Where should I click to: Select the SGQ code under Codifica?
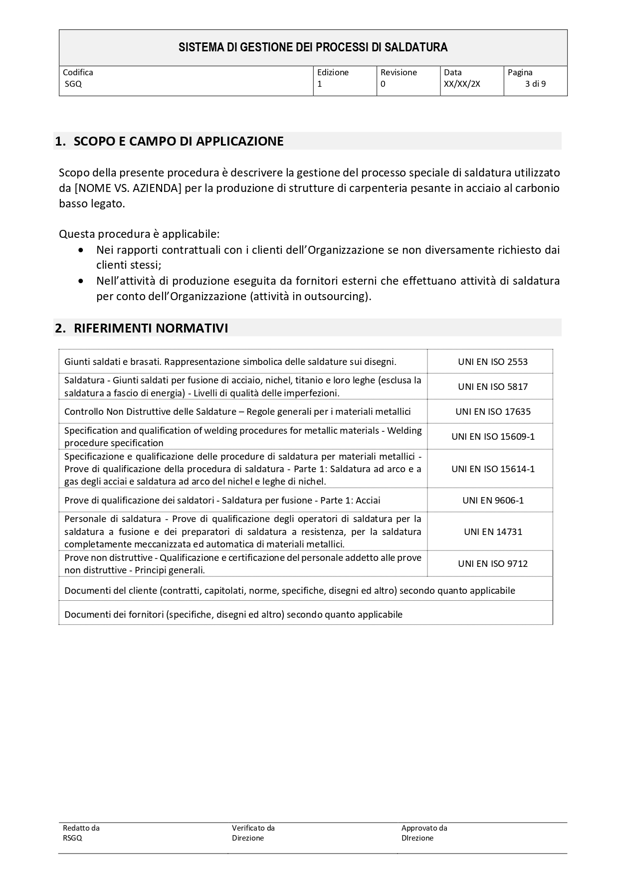[x=73, y=84]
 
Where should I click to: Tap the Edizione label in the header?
[x=333, y=72]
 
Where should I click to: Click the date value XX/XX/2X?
[x=462, y=84]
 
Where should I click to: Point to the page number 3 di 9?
[x=535, y=84]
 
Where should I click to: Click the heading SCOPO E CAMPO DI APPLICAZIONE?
[x=179, y=141]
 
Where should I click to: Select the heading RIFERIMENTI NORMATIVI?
[x=151, y=328]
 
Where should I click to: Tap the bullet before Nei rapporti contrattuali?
[x=81, y=250]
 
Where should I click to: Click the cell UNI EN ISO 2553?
[x=493, y=362]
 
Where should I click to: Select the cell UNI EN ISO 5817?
[x=493, y=386]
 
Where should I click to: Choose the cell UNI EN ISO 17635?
[x=493, y=411]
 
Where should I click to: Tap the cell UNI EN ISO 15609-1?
[x=493, y=436]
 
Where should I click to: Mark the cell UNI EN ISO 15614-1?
[x=493, y=469]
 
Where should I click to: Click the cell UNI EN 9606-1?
[x=493, y=500]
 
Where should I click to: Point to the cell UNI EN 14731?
[x=493, y=531]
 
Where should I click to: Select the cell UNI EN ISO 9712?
[x=493, y=563]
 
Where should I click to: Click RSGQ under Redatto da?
[x=72, y=838]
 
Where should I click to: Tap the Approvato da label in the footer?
[x=424, y=828]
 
